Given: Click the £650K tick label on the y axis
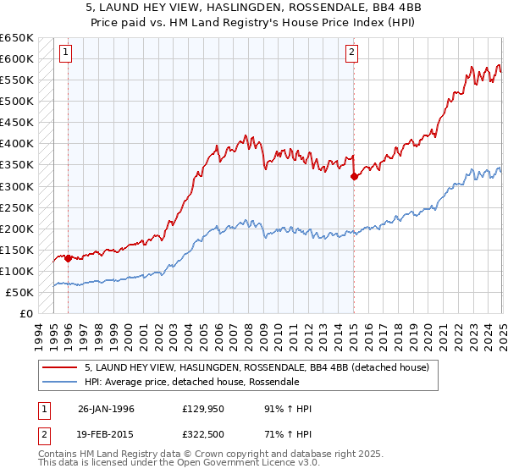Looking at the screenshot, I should [x=17, y=38].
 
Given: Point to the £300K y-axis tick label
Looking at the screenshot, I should [x=17, y=186].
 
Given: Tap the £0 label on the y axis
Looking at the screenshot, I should [x=25, y=314].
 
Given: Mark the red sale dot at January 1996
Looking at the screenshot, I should [x=68, y=258].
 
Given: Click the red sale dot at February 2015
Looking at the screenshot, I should [x=353, y=176].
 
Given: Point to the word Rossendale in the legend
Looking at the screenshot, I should [x=272, y=382].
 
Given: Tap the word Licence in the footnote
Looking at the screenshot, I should [x=271, y=465].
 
